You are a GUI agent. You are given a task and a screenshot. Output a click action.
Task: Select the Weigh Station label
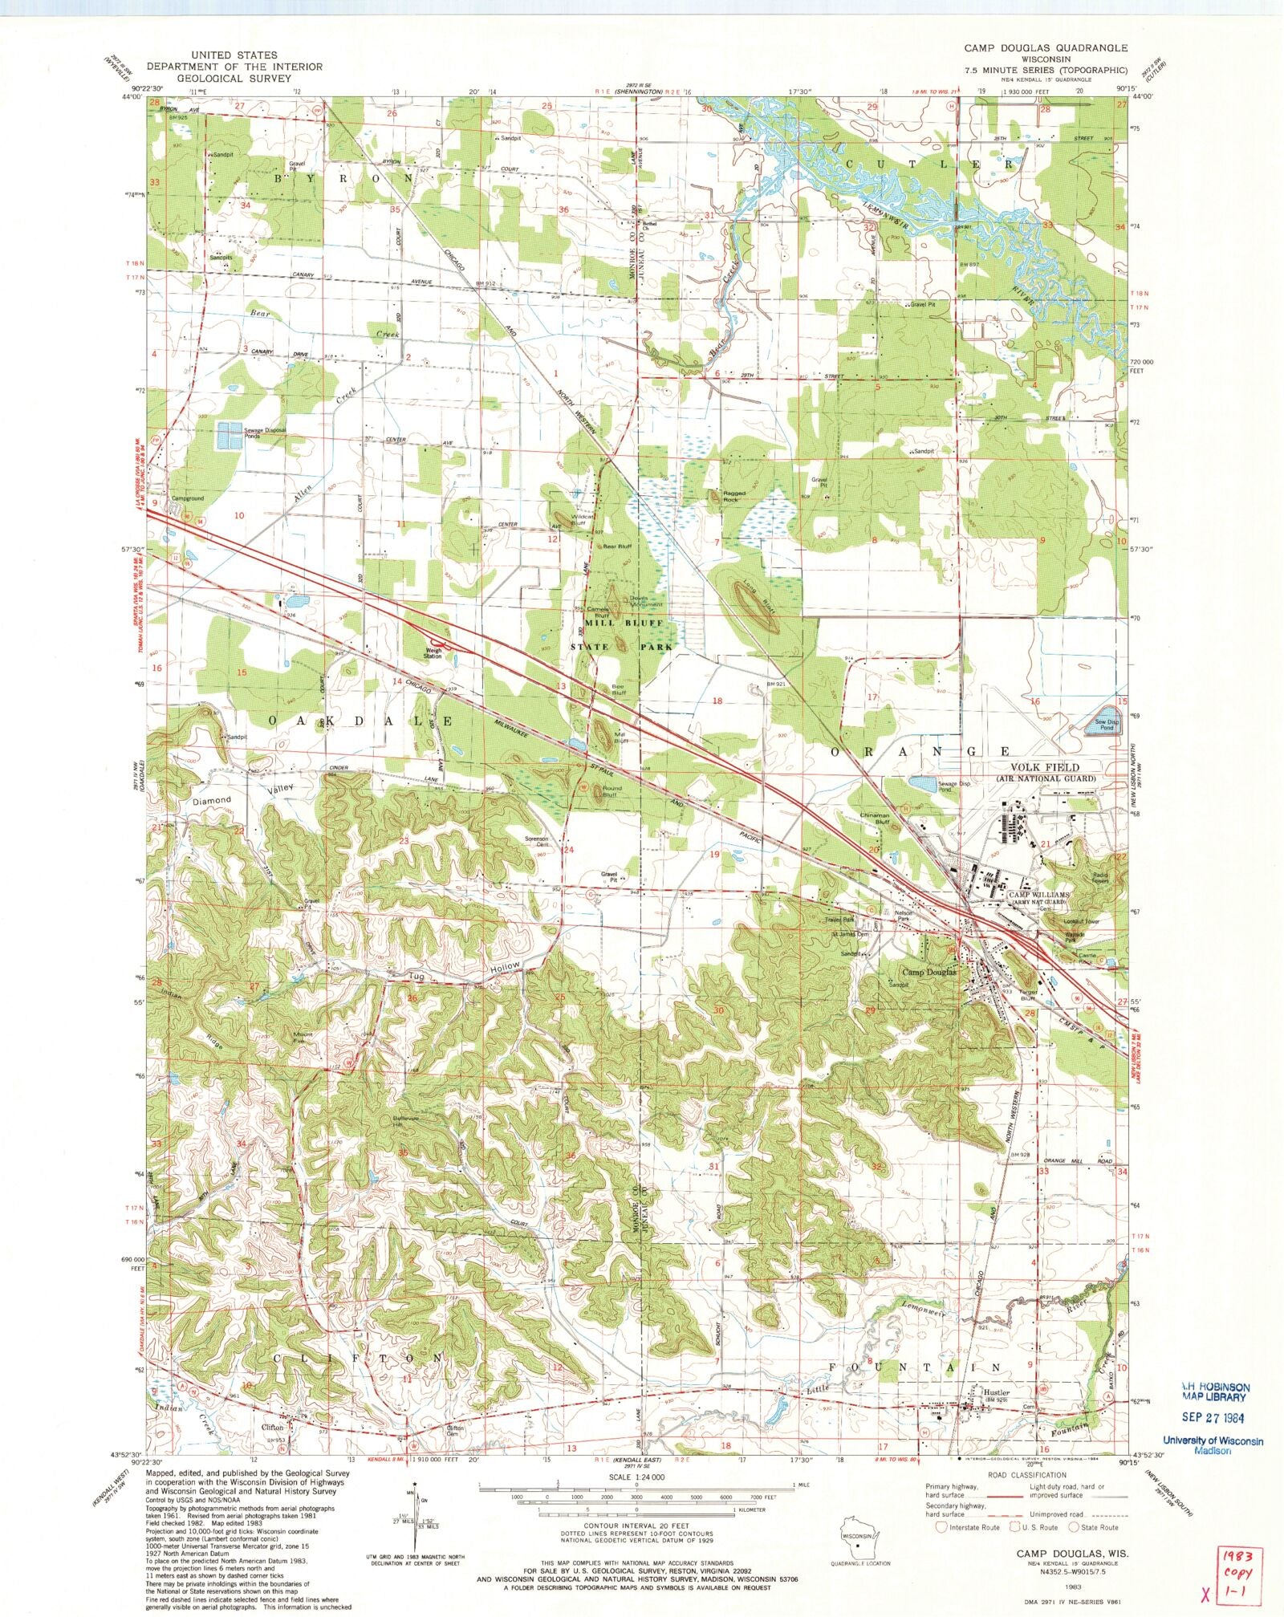coord(433,652)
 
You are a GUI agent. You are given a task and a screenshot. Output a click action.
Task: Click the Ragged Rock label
coord(733,496)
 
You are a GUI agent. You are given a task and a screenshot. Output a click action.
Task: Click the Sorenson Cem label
coord(538,841)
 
